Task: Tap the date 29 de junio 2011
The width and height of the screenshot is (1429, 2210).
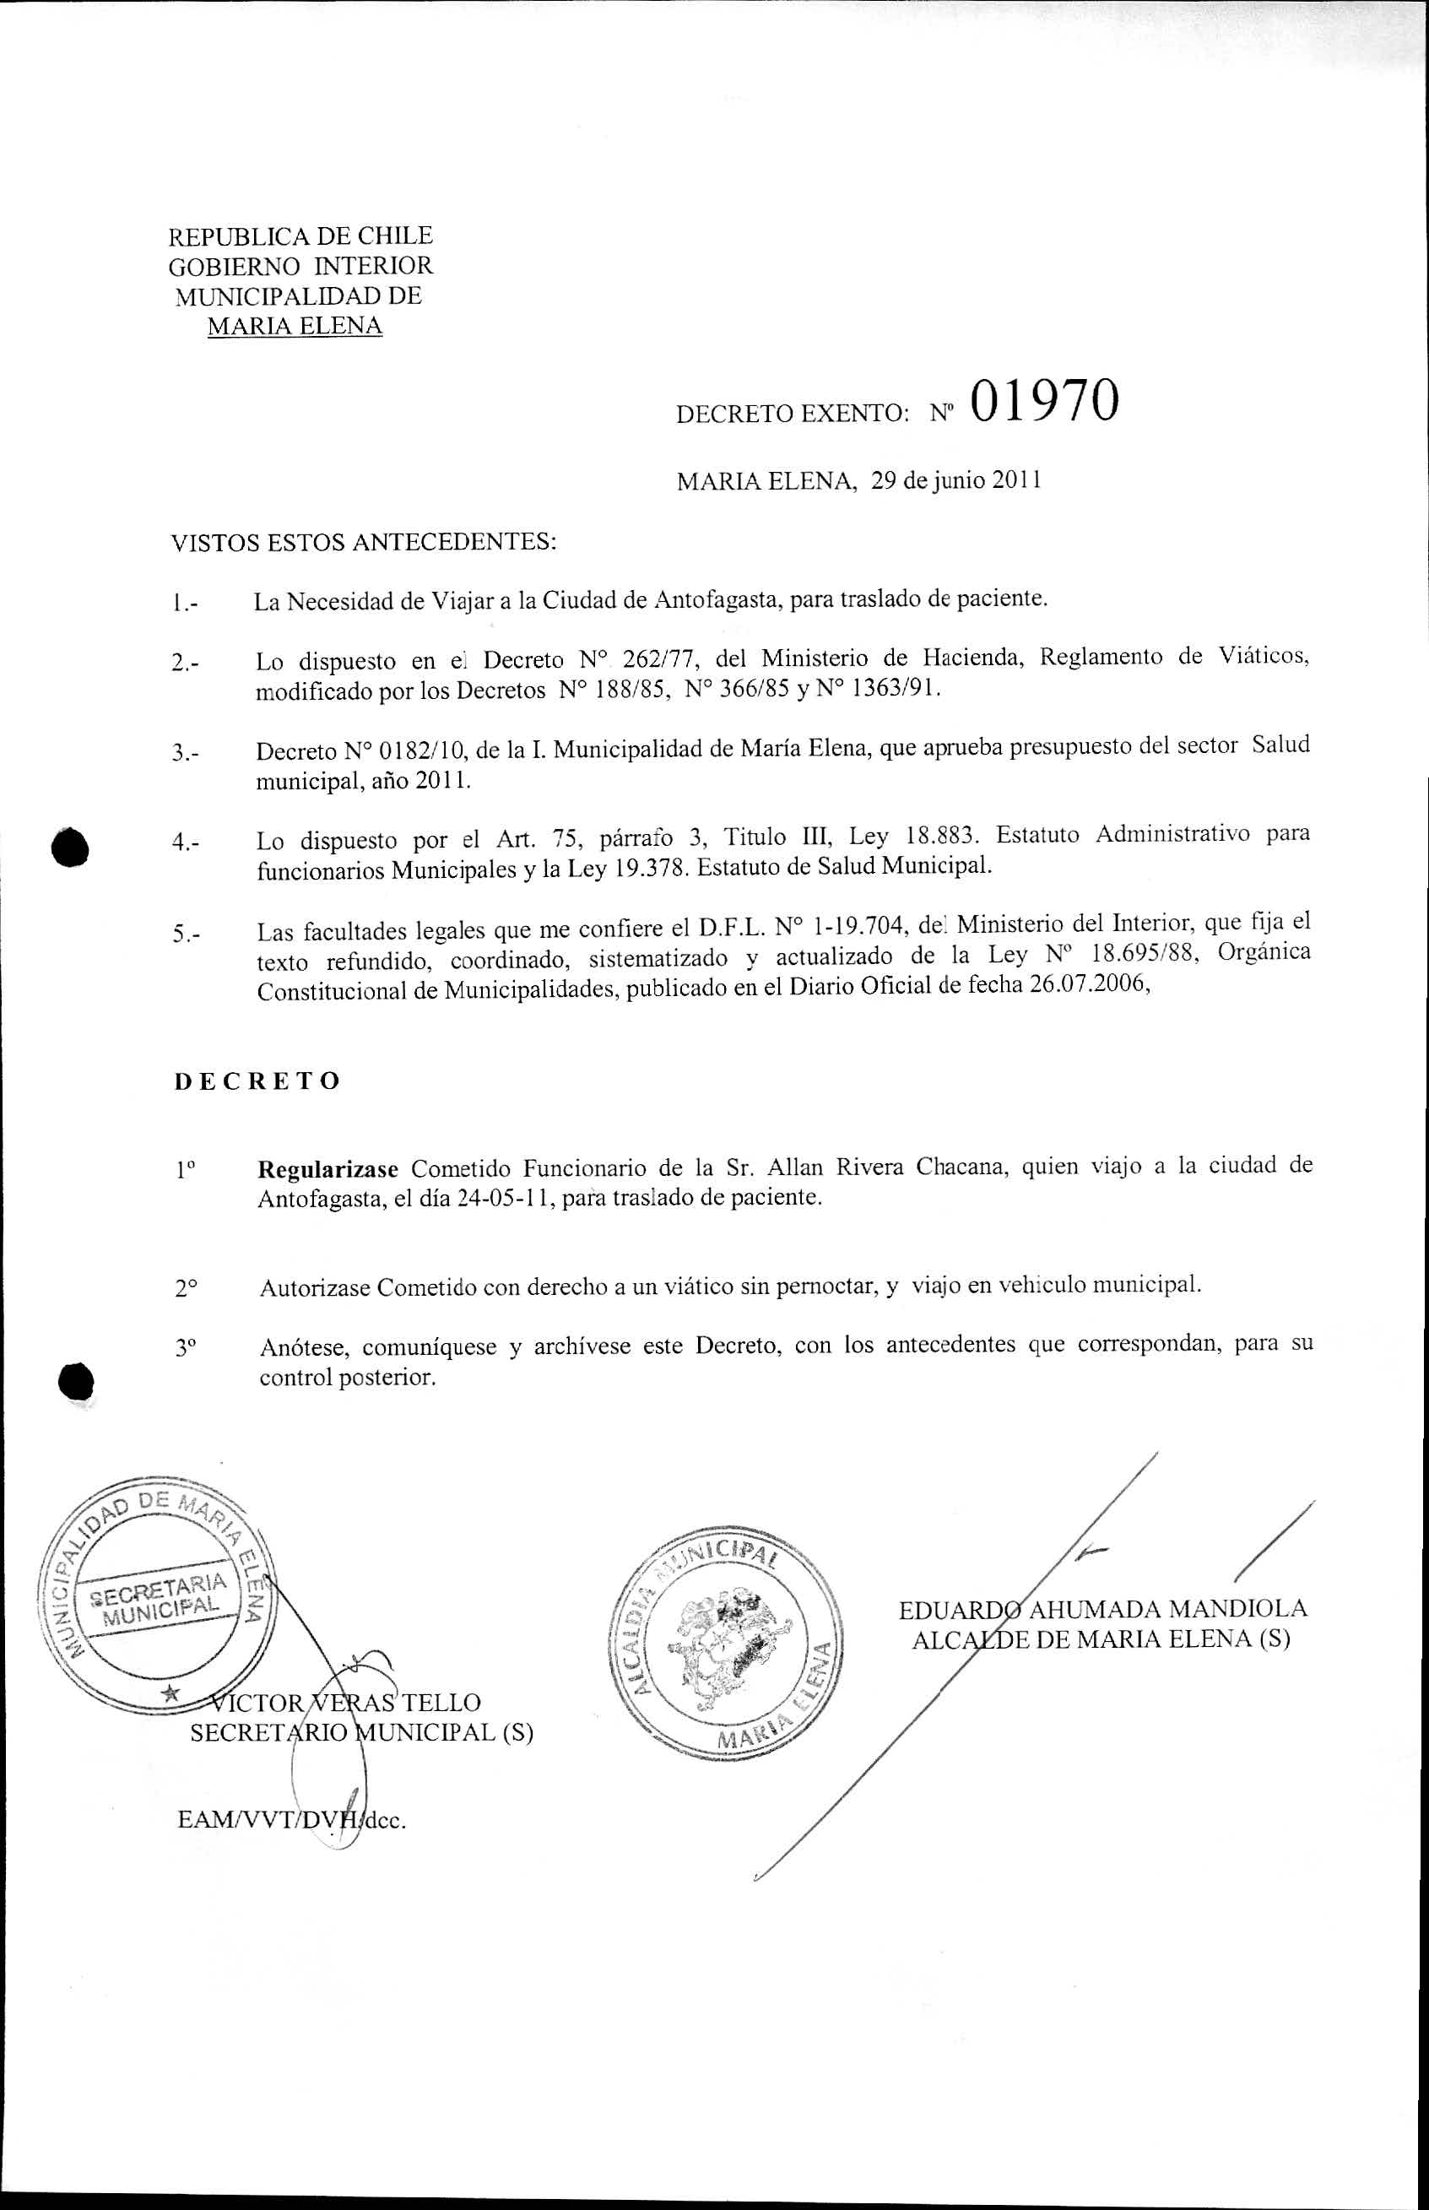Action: pos(955,480)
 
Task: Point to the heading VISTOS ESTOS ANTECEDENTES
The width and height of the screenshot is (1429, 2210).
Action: pos(364,542)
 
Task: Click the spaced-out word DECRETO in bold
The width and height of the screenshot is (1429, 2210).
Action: pos(257,1081)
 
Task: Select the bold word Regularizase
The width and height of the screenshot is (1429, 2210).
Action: pos(327,1167)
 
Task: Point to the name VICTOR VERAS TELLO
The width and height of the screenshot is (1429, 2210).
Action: pos(345,1703)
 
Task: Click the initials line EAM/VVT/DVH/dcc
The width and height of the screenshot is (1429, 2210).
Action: pos(292,1820)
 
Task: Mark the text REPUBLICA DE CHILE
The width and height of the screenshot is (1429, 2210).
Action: pos(300,236)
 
